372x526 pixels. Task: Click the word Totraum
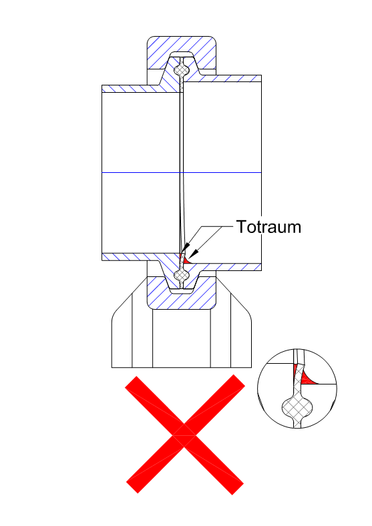(268, 227)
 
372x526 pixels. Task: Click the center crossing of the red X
(184, 435)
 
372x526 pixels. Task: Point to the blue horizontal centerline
(181, 172)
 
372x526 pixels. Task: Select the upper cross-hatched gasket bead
(182, 71)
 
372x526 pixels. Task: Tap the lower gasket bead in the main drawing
(182, 276)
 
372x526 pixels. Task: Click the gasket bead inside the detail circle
(297, 407)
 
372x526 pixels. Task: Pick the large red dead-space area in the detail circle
(307, 378)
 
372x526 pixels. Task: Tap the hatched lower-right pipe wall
(228, 267)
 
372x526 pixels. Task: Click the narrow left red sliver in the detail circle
(295, 371)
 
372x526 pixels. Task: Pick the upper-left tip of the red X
(131, 382)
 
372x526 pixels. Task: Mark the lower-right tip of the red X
(237, 489)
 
